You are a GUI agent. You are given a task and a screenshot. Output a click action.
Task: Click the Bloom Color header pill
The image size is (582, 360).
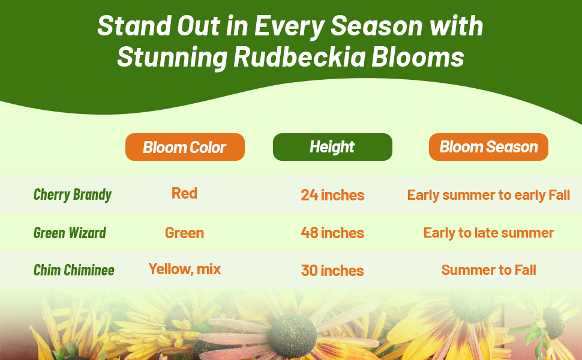point(185,147)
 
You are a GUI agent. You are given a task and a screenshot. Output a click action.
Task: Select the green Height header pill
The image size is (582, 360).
point(332,147)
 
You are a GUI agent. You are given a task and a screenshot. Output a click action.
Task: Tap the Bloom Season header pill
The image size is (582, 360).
point(488,147)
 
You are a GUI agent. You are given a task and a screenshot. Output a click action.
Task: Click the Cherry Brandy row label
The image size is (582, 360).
point(73,195)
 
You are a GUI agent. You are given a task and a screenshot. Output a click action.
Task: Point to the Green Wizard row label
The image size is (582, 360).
point(70,233)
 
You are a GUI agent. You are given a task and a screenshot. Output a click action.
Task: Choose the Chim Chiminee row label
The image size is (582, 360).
point(74,270)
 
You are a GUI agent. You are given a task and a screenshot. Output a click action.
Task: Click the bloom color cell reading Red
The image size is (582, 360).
point(184,193)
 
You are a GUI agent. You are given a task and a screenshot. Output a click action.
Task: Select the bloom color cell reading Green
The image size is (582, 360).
point(184,233)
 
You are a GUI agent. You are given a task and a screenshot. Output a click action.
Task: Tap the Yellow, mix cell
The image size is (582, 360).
point(184,269)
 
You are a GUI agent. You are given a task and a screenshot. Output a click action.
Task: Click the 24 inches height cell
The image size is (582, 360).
point(332,195)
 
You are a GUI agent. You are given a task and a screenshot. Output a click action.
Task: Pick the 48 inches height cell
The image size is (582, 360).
point(332,233)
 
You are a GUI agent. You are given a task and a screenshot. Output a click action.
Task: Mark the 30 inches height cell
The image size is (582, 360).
point(332,271)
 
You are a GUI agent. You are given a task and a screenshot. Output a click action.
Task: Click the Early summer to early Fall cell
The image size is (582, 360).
point(488,195)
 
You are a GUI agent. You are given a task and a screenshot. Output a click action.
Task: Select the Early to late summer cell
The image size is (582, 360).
point(488,233)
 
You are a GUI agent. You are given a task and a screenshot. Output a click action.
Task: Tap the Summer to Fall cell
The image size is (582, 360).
point(488,270)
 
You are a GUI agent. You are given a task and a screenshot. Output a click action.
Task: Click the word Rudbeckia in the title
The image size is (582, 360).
point(299,57)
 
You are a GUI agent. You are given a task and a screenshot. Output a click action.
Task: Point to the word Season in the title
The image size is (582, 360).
point(376,26)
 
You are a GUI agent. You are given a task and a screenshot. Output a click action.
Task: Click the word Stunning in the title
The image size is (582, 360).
point(172,58)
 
